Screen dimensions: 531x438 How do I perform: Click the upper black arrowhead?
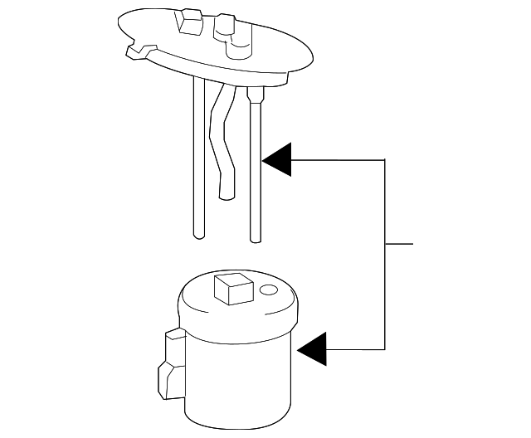(280, 160)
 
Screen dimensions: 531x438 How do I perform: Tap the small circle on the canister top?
(267, 291)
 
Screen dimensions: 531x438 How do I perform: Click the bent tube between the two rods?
(222, 141)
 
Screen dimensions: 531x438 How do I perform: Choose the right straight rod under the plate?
(256, 166)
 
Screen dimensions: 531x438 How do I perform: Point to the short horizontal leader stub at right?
(400, 245)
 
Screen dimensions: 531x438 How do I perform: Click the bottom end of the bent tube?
(225, 196)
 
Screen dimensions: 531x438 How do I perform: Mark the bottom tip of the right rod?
(256, 241)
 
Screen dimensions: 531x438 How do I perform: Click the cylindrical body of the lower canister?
(241, 373)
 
